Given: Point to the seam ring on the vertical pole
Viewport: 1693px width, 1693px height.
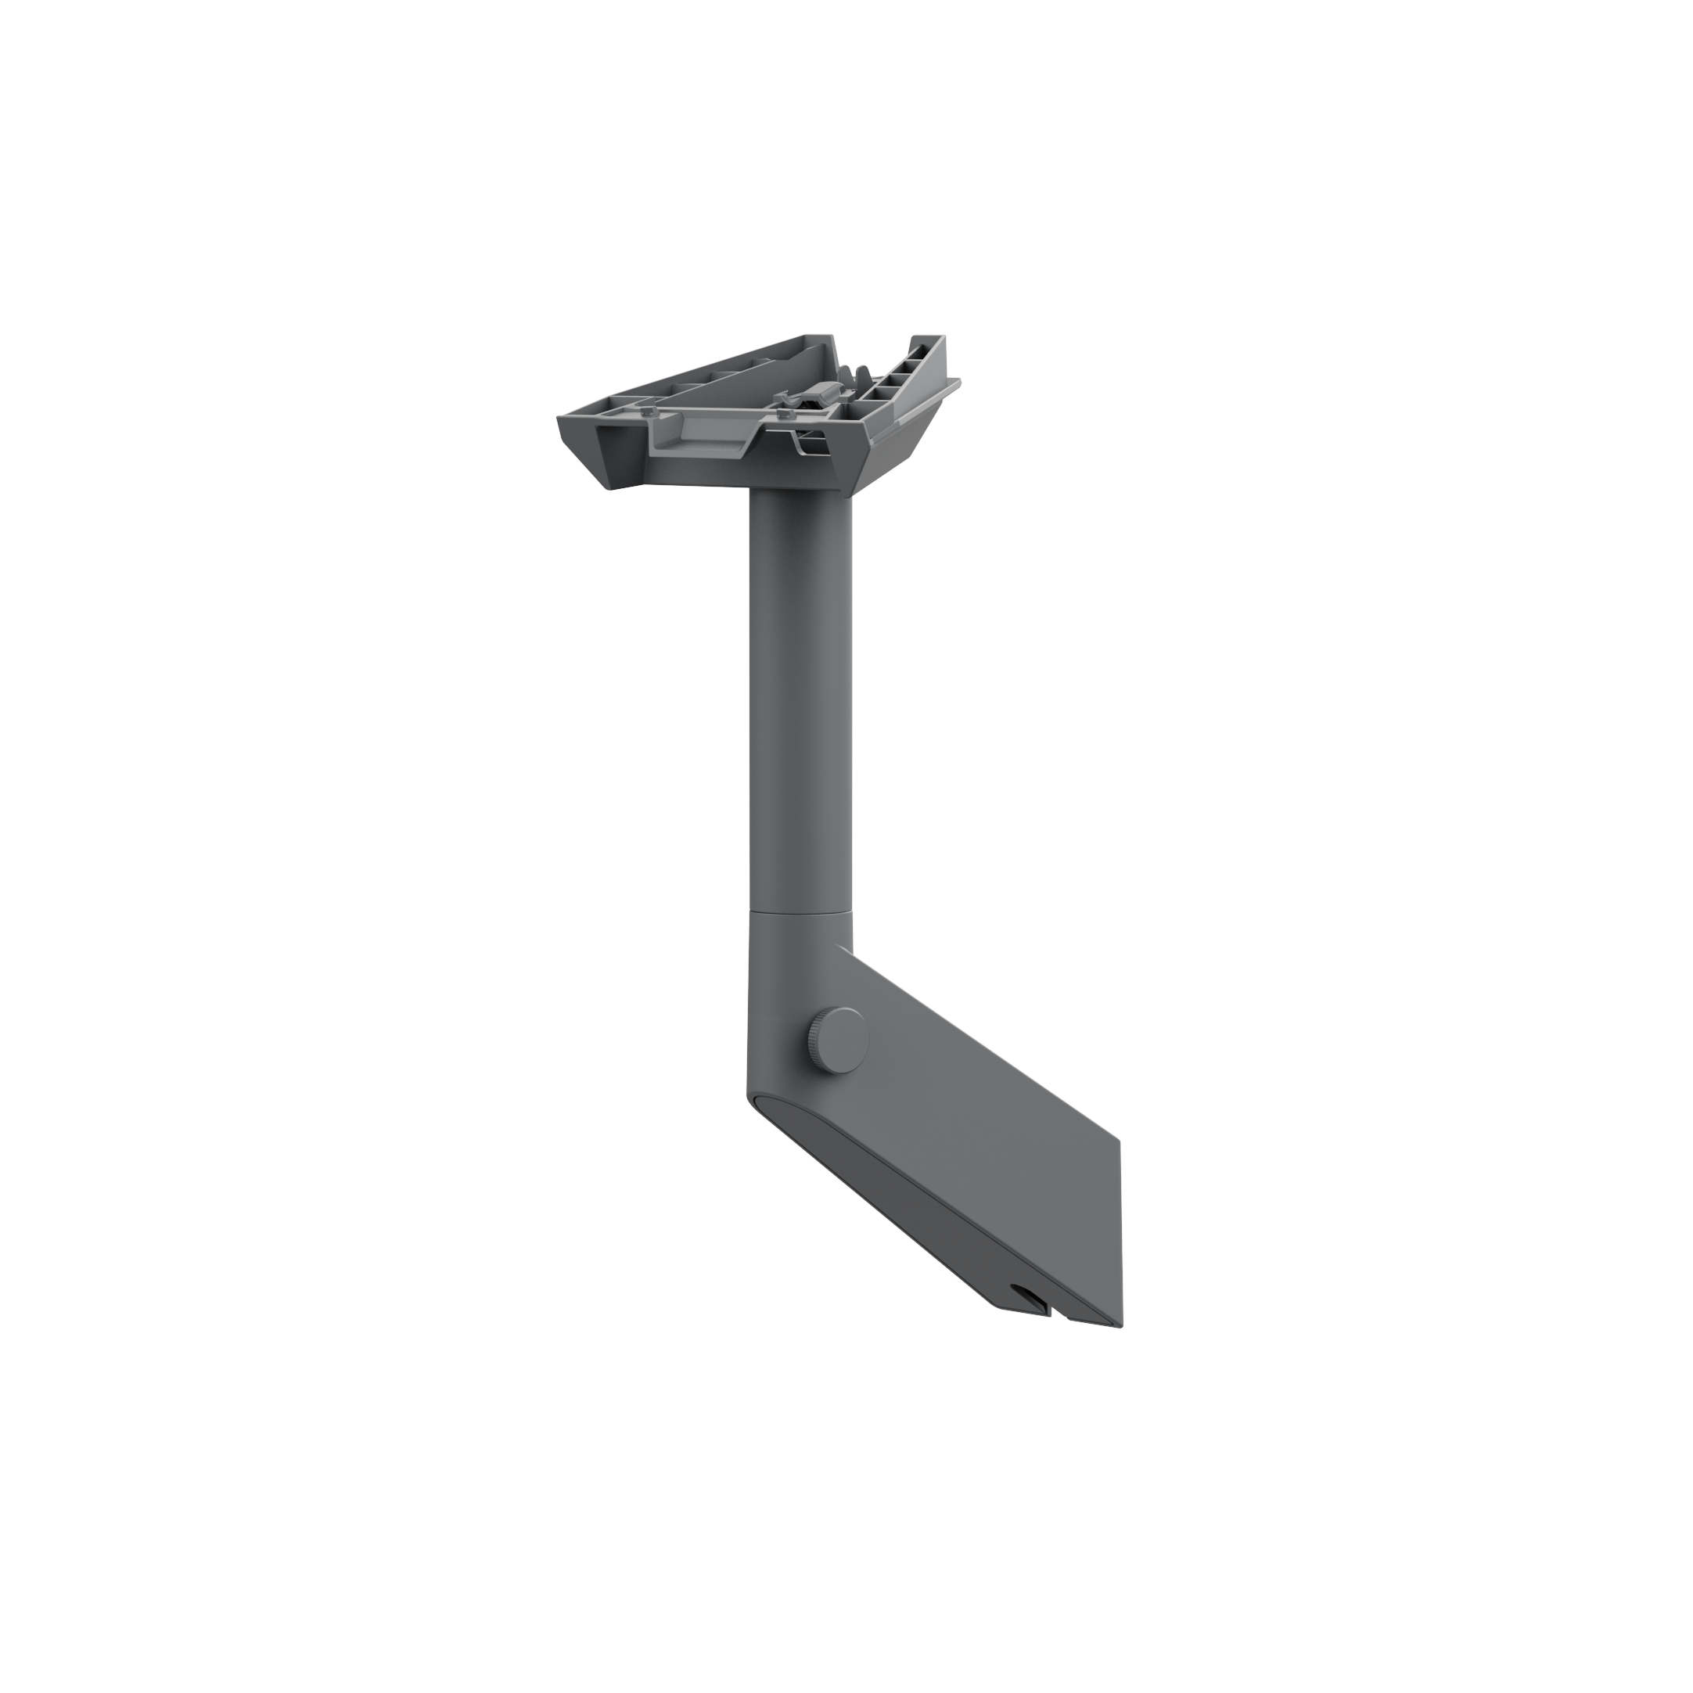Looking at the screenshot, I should point(800,913).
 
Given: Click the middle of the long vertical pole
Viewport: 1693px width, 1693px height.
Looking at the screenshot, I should point(800,701).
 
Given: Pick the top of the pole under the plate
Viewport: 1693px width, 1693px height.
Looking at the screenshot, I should point(800,504).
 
